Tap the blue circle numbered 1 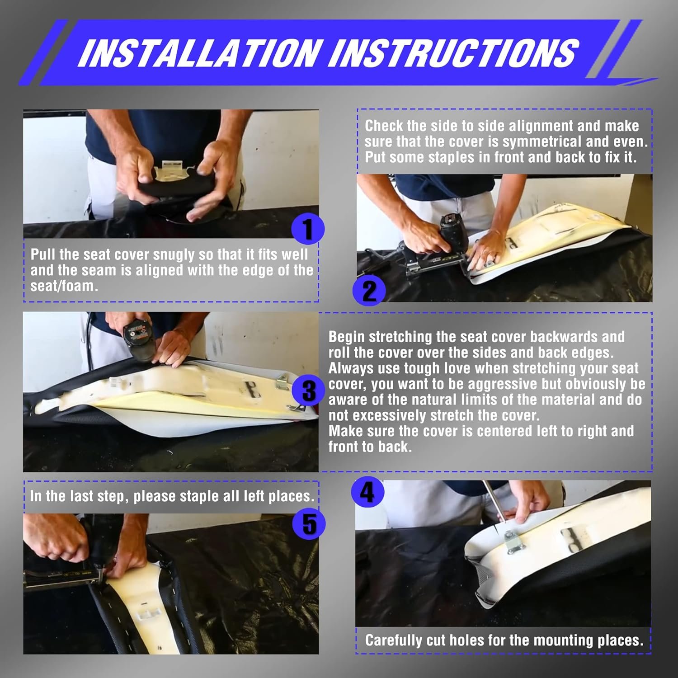(308, 229)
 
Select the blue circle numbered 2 (369, 291)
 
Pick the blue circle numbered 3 (309, 391)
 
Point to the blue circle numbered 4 (367, 492)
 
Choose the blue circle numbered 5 (309, 524)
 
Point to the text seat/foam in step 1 (64, 286)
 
